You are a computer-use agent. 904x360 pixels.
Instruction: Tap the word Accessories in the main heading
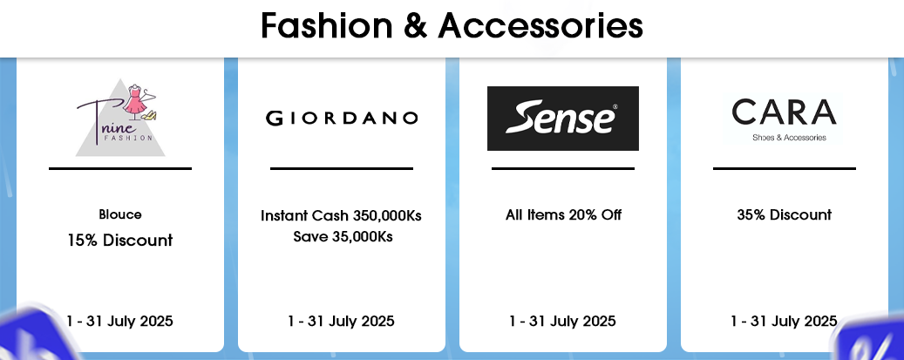[540, 26]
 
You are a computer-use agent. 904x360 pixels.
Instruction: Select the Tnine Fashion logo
[120, 118]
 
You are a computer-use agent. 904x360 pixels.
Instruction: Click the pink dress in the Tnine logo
[135, 101]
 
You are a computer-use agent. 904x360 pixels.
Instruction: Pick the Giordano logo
[342, 119]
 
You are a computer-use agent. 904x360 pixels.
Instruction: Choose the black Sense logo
[562, 119]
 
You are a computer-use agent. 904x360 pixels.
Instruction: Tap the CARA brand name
[784, 112]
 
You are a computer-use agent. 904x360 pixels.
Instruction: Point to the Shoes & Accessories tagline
[789, 138]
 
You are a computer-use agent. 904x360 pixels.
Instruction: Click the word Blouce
[120, 214]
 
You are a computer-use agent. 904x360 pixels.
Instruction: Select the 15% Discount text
[120, 240]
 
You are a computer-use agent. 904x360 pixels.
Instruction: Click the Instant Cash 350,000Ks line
[342, 216]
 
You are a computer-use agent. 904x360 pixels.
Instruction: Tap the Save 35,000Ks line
[343, 236]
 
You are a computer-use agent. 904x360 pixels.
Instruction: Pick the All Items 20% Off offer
[563, 215]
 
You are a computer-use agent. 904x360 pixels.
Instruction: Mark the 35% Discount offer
[784, 215]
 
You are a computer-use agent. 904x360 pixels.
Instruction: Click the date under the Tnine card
[120, 321]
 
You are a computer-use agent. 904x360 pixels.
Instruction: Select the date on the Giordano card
[342, 321]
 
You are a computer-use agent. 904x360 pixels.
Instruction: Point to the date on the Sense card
[562, 321]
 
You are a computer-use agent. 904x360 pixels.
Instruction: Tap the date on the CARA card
[784, 321]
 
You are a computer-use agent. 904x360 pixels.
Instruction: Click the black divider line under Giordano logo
[342, 168]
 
